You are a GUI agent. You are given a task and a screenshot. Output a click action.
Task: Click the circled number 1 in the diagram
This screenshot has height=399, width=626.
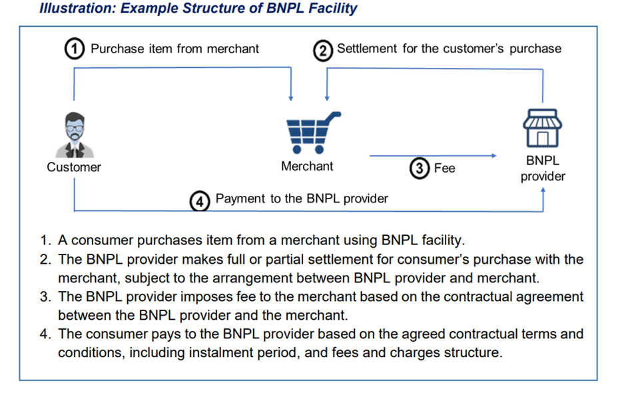(75, 49)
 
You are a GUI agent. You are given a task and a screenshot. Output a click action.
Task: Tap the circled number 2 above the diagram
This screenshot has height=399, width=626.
(322, 51)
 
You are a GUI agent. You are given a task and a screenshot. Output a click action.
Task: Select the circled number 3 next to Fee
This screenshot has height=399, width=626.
(419, 168)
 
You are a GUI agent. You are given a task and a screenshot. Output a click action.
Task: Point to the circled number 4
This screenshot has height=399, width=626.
(200, 201)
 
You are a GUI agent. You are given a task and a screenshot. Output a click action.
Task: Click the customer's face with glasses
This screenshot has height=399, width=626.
(75, 128)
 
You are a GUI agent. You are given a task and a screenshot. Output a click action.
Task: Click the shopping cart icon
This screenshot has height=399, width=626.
(314, 133)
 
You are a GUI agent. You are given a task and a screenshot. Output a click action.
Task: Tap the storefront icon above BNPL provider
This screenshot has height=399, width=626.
(542, 128)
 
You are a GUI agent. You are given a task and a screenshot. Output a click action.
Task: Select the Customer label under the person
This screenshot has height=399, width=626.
(74, 167)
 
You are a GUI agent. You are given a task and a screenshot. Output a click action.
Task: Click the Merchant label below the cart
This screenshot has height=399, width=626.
(307, 166)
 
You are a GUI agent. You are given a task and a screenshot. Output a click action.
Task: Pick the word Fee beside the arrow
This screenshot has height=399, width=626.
(444, 168)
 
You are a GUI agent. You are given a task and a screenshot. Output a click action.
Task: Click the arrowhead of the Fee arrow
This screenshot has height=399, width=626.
(494, 155)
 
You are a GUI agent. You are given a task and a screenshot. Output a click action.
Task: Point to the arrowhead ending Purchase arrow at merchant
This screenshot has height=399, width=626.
(291, 99)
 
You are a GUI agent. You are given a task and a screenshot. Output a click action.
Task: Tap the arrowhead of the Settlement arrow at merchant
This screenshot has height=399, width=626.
(327, 99)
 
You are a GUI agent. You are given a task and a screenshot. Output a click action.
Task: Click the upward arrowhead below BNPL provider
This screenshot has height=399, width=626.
(543, 191)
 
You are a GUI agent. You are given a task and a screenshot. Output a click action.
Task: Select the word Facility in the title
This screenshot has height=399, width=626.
(333, 8)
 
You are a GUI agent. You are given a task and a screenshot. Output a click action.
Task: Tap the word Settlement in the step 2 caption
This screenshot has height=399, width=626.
(367, 49)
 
